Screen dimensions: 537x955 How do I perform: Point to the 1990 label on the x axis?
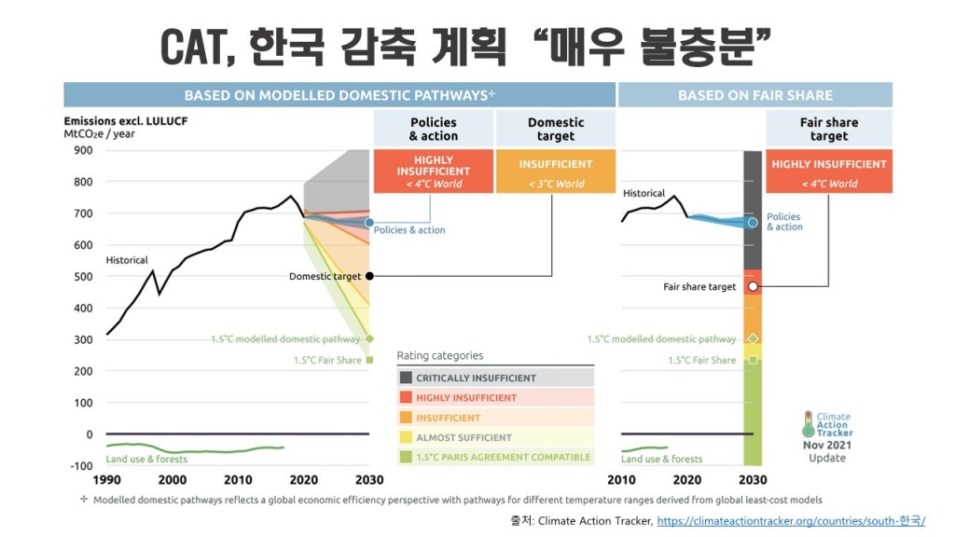107,479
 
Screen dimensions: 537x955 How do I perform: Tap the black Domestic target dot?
369,276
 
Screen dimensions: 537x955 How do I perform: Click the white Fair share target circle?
753,286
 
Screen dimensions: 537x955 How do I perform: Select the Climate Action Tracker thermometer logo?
808,425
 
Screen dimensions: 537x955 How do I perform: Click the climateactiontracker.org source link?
791,520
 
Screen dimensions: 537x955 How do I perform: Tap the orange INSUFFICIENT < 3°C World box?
556,172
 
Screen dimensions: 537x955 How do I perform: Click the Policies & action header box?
434,129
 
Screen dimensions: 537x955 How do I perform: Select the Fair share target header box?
828,129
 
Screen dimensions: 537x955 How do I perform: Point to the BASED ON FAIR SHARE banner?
754,95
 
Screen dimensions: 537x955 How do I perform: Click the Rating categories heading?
440,355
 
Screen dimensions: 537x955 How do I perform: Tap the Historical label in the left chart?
127,260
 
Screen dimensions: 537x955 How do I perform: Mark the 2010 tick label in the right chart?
621,479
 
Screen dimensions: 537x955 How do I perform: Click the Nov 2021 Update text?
826,451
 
